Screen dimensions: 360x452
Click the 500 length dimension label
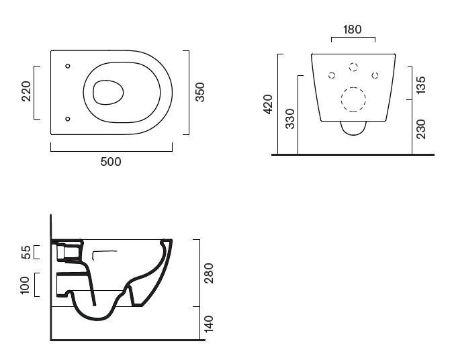[111, 161]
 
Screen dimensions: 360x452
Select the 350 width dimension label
[199, 92]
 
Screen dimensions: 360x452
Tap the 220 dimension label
[26, 91]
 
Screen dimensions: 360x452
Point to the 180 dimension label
[353, 30]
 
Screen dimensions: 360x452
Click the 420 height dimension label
[268, 104]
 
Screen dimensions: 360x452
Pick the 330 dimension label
[289, 118]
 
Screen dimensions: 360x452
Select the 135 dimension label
[421, 85]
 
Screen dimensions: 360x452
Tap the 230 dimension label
[421, 128]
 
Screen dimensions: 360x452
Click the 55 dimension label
[26, 253]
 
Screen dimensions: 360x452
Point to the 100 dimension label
[26, 284]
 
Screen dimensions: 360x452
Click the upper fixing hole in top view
[68, 66]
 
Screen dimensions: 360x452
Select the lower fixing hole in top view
[68, 119]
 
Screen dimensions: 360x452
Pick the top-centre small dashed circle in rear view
[353, 66]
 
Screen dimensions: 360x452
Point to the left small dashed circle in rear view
[331, 75]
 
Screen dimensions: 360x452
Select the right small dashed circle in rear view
[375, 75]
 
